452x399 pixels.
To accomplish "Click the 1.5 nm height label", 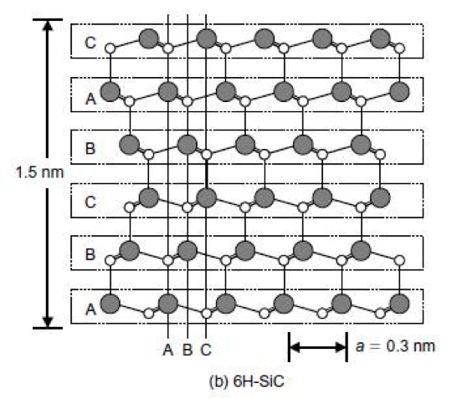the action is pyautogui.click(x=39, y=172).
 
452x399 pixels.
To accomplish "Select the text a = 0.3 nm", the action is pyautogui.click(x=395, y=346).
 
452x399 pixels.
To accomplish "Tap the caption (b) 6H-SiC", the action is pyautogui.click(x=246, y=381).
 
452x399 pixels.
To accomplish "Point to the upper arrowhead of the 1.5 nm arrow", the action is pyautogui.click(x=48, y=25).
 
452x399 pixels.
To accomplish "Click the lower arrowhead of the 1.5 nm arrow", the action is pyautogui.click(x=48, y=322).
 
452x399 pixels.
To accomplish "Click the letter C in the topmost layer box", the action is pyautogui.click(x=90, y=43).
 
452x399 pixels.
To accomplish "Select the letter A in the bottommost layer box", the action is pyautogui.click(x=90, y=309).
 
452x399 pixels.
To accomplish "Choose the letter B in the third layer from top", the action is pyautogui.click(x=90, y=149).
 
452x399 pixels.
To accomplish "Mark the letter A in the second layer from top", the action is pyautogui.click(x=90, y=98).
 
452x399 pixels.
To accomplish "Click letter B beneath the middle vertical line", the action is pyautogui.click(x=187, y=350).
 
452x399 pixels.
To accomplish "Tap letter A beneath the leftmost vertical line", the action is pyautogui.click(x=168, y=350).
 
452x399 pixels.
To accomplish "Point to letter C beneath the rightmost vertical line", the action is pyautogui.click(x=206, y=350).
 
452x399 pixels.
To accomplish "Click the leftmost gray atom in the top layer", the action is pyautogui.click(x=149, y=38).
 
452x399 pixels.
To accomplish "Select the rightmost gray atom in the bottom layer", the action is pyautogui.click(x=399, y=304).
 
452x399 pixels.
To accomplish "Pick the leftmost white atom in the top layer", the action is pyautogui.click(x=110, y=49).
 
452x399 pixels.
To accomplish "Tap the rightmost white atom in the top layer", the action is pyautogui.click(x=399, y=49).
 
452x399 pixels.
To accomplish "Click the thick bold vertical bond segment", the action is pyautogui.click(x=207, y=174).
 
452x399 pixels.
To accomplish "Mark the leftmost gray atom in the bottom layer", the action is pyautogui.click(x=110, y=304).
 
